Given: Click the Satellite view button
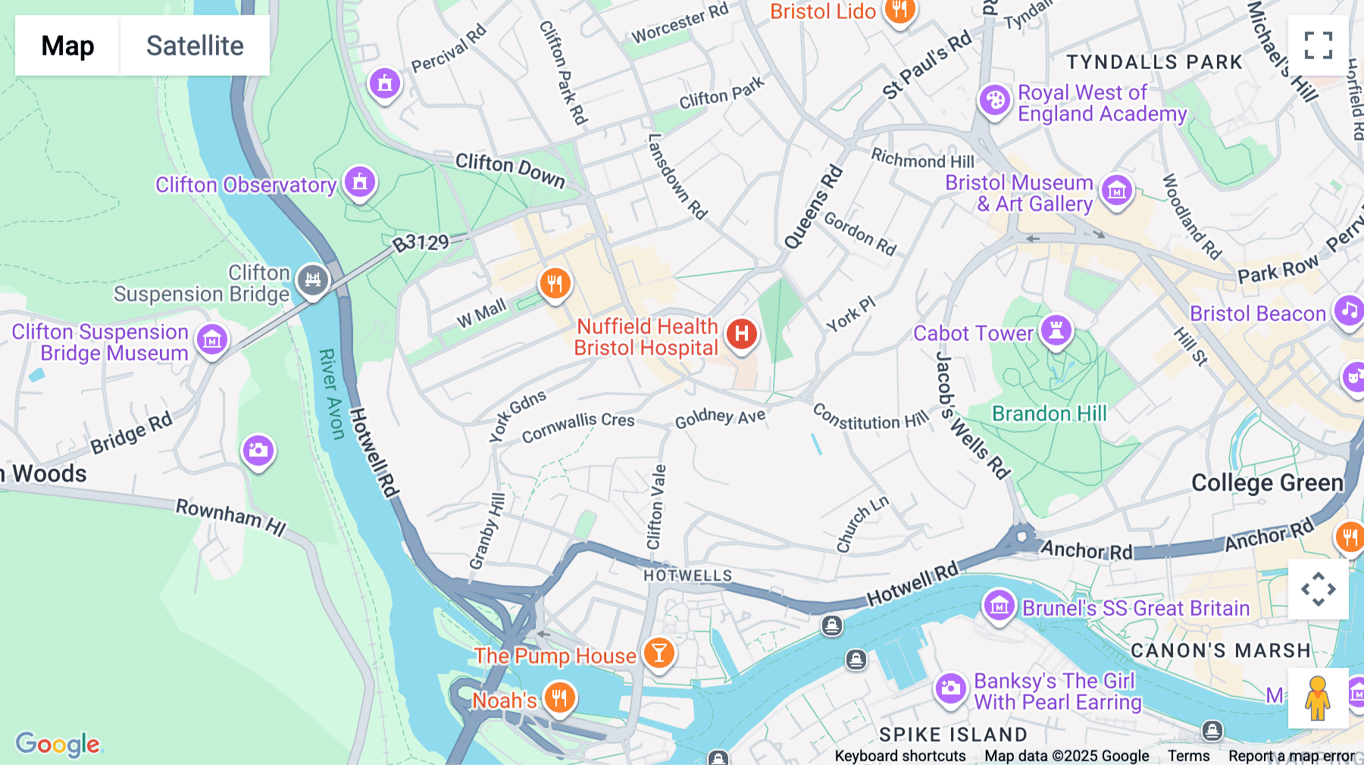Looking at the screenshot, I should coord(195,45).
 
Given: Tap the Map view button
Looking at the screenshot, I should coord(67,45).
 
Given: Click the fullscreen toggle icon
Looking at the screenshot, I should coord(1318,45).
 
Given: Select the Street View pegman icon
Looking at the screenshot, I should coord(1317,698).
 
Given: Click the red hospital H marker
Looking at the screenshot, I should coord(742,333).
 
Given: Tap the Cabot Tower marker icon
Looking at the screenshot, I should coord(1056,330).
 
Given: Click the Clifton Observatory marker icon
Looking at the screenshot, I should coord(360,183).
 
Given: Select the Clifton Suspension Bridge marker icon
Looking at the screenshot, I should coord(312,281).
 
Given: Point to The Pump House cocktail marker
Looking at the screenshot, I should coord(659,652).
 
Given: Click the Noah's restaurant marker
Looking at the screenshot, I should coord(559,697).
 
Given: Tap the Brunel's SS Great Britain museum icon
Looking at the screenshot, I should coord(999,606).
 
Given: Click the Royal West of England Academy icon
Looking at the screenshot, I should coord(994,100).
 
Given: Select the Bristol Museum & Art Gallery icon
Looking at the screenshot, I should coord(1116,191).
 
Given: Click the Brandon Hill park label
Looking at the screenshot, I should coord(1049,414).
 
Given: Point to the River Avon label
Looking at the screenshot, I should coord(331,394).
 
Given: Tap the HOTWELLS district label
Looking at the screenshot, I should coord(687,576).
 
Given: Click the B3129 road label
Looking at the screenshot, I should coord(421,243).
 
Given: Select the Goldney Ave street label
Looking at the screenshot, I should coord(720,417).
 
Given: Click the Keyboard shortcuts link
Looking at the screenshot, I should coord(899,755).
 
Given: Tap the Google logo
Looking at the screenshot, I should coord(58,744).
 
